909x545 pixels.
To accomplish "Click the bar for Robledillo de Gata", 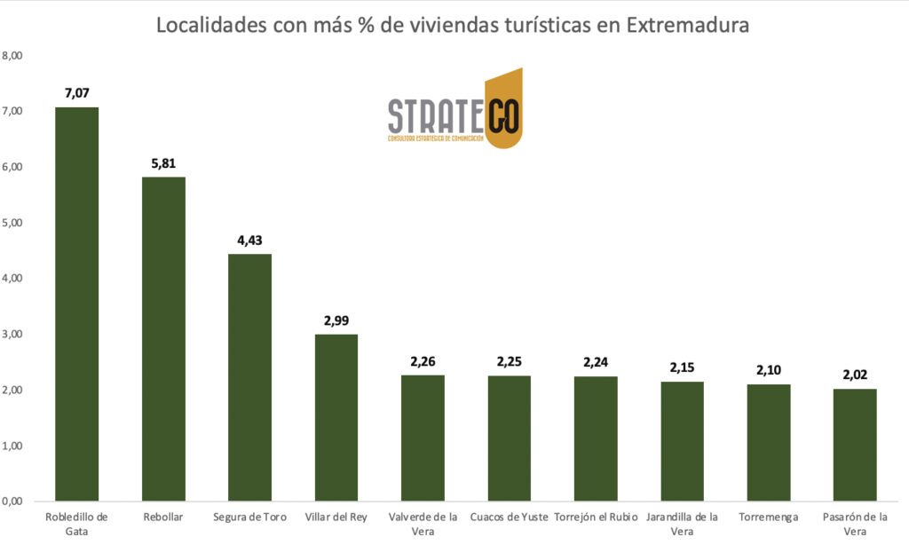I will pyautogui.click(x=76, y=304).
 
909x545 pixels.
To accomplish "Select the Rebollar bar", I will pyautogui.click(x=163, y=339).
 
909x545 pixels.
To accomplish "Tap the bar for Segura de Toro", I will pyautogui.click(x=249, y=377).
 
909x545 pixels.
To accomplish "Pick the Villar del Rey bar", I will pyautogui.click(x=336, y=417).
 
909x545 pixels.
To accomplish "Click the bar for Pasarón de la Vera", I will pyautogui.click(x=855, y=445).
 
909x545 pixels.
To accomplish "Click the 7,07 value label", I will pyautogui.click(x=77, y=92).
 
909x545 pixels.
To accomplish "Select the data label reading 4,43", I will pyautogui.click(x=249, y=240).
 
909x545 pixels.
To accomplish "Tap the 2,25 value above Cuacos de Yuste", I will pyautogui.click(x=510, y=361).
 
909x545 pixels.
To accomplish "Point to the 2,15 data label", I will pyautogui.click(x=682, y=367).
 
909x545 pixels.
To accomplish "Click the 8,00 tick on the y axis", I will pyautogui.click(x=12, y=55).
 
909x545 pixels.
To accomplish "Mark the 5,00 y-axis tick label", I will pyautogui.click(x=12, y=223).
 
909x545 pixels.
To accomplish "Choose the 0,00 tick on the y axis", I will pyautogui.click(x=12, y=502).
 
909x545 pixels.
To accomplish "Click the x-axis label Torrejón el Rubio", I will pyautogui.click(x=596, y=517).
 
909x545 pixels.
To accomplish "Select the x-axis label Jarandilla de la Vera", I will pyautogui.click(x=682, y=524).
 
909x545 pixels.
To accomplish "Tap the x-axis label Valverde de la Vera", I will pyautogui.click(x=423, y=524).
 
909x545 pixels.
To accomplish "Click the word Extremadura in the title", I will pyautogui.click(x=688, y=25).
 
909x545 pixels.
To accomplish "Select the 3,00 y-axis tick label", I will pyautogui.click(x=12, y=335).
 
